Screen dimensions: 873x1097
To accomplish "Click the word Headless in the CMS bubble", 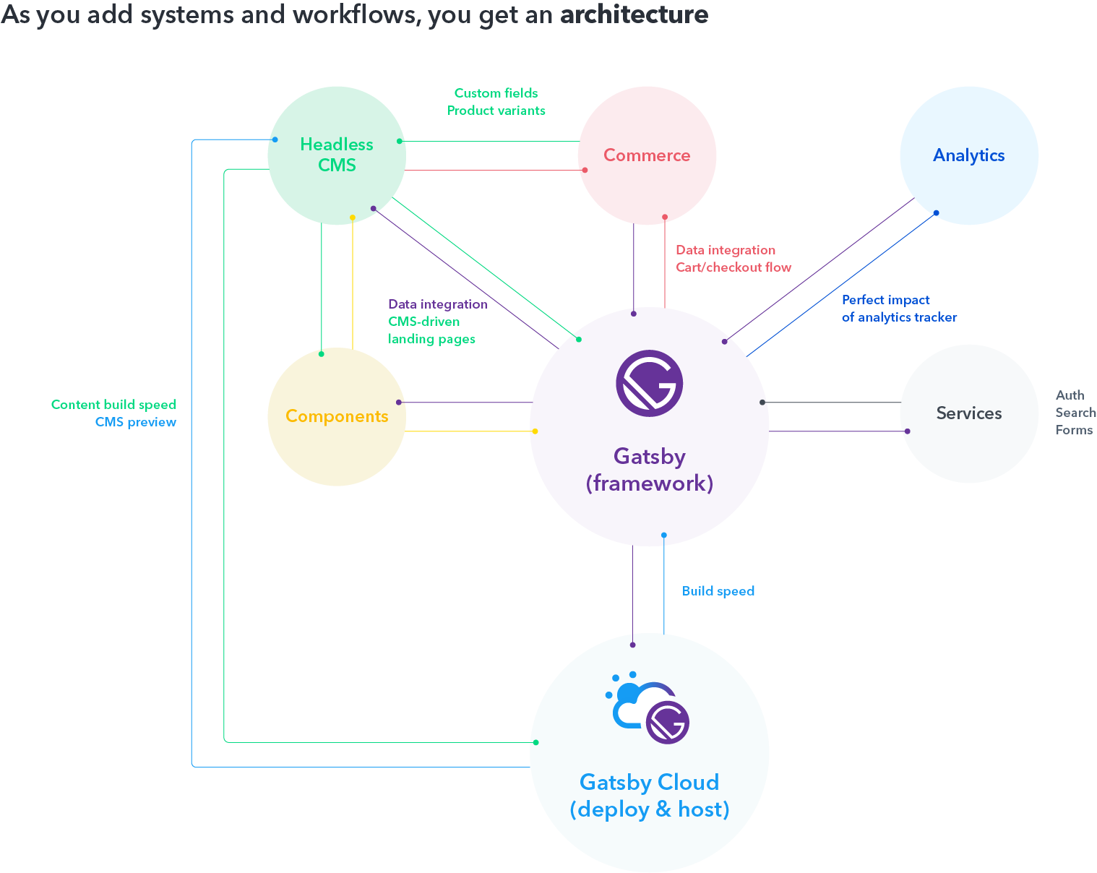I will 337,145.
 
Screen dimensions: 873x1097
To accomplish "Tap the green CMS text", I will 337,165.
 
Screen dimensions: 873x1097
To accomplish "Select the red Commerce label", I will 647,155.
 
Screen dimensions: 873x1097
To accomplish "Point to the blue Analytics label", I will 968,155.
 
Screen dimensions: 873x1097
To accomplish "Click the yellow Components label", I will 337,416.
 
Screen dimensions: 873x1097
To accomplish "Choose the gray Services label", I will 968,413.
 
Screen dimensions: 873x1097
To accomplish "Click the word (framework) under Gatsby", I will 649,483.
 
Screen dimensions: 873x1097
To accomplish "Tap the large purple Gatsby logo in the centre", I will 649,383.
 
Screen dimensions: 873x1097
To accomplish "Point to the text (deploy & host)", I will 649,809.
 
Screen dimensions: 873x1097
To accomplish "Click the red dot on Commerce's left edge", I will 585,171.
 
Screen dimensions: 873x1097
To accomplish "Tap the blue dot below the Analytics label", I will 936,213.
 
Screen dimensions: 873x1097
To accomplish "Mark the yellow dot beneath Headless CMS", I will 353,218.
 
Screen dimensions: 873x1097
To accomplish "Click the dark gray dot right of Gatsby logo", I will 762,403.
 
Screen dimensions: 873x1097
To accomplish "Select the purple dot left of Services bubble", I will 907,431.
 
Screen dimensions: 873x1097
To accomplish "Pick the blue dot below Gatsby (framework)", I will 663,536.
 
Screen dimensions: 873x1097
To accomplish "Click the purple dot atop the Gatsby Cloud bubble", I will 633,645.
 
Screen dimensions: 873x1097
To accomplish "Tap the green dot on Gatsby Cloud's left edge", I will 535,742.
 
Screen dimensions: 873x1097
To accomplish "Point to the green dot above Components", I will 322,354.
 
